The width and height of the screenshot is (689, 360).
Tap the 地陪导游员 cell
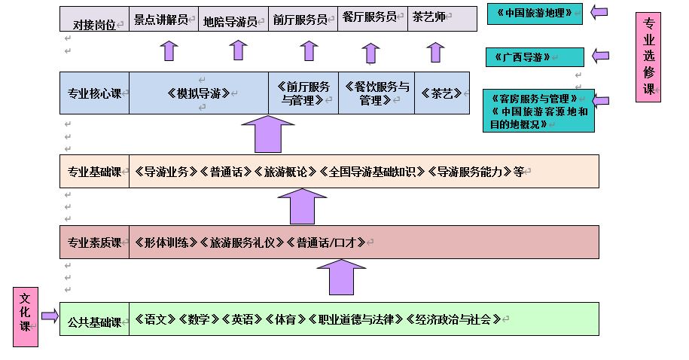click(233, 20)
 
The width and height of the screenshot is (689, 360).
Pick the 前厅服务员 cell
click(301, 19)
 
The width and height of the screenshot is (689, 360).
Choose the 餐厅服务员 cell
click(370, 19)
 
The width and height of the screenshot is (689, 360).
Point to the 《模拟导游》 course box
click(198, 93)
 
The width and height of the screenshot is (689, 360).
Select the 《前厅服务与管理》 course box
click(303, 93)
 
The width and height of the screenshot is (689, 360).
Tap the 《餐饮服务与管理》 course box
click(376, 93)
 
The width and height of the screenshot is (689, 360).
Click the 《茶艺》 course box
click(441, 93)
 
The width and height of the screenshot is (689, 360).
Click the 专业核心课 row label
click(94, 93)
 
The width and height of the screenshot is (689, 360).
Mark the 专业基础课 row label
click(94, 171)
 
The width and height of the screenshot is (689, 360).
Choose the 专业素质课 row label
click(94, 243)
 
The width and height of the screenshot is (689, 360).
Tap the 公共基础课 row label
click(94, 319)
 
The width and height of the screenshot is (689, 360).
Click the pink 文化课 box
click(25, 316)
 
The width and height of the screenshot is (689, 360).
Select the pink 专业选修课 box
click(648, 57)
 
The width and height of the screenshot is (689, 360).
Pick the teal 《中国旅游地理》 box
click(534, 14)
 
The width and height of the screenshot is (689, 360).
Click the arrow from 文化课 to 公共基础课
click(50, 316)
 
